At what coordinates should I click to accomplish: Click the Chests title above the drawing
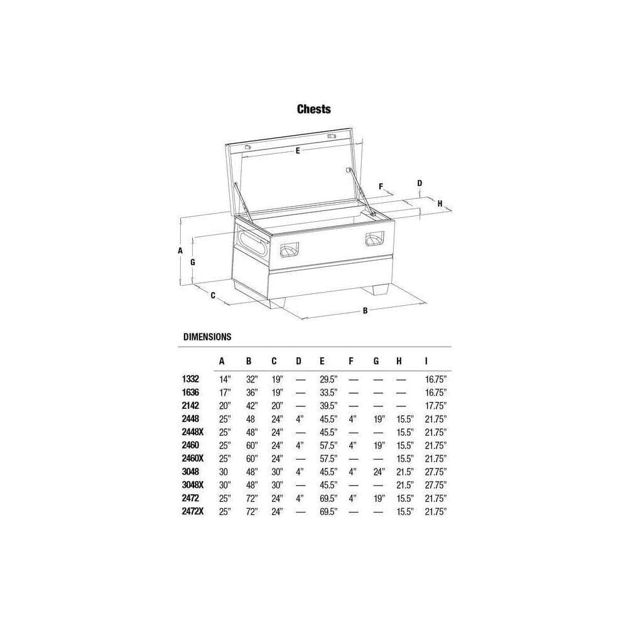tap(313, 109)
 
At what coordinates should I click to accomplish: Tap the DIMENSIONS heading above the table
tap(207, 337)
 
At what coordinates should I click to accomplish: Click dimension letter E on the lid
tap(298, 151)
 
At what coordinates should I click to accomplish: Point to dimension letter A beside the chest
tap(180, 251)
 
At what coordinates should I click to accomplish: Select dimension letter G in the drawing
tap(193, 263)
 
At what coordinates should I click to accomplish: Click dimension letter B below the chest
tap(365, 310)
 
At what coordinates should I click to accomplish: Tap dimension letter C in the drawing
tap(213, 296)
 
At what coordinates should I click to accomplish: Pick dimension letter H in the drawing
tap(440, 203)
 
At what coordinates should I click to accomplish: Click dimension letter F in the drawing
tap(381, 187)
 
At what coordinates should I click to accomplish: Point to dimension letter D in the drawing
tap(420, 183)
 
